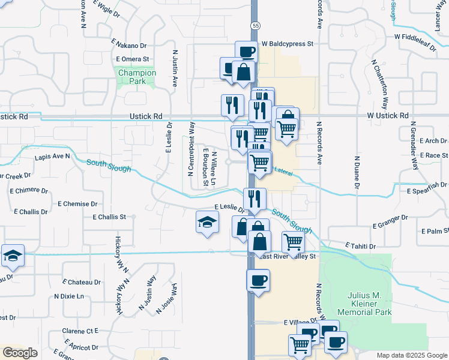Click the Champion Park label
tap(137, 77)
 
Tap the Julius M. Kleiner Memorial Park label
tap(364, 304)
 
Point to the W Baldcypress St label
tap(288, 44)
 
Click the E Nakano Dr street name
tap(128, 46)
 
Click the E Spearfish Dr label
tap(427, 191)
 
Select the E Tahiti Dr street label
tap(360, 246)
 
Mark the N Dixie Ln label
tap(69, 296)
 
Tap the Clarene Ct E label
tap(80, 331)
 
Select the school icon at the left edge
tap(13, 256)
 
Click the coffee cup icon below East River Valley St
tap(258, 280)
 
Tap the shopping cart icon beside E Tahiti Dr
tap(293, 242)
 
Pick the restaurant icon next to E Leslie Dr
tap(255, 199)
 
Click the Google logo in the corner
tap(20, 353)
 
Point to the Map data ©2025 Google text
tap(411, 355)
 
